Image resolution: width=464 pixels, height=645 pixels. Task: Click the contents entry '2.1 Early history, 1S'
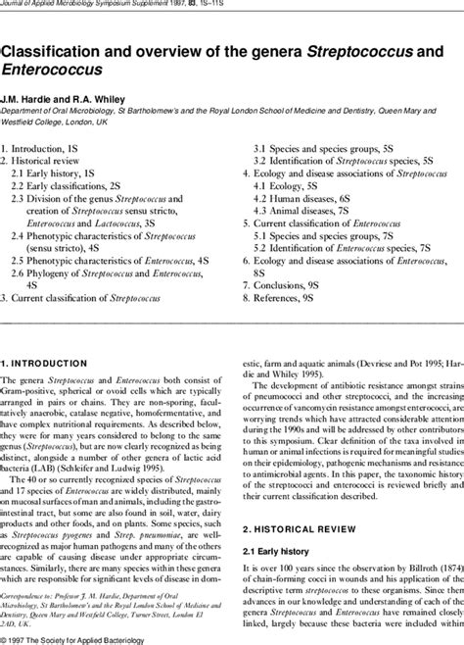coord(57,172)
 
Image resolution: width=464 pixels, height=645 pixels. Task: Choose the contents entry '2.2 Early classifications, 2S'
coord(73,184)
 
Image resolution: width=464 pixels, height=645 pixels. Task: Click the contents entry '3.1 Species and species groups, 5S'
coord(323,146)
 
